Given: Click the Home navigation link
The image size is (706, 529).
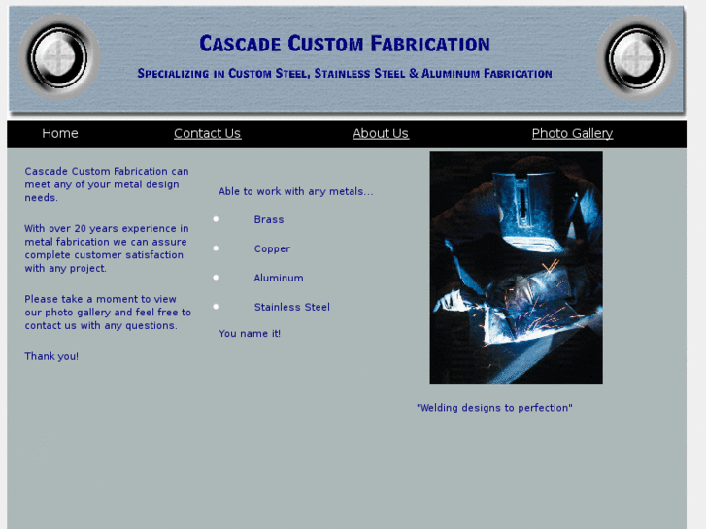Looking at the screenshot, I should pyautogui.click(x=60, y=134).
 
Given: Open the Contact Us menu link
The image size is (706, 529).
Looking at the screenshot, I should pyautogui.click(x=207, y=134).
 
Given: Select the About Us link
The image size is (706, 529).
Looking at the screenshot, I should pyautogui.click(x=381, y=134).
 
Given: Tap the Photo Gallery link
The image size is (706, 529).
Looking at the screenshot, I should pyautogui.click(x=572, y=134).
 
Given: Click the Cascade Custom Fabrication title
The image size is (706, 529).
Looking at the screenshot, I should pyautogui.click(x=345, y=44).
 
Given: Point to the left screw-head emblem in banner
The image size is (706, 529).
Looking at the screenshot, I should pyautogui.click(x=59, y=57).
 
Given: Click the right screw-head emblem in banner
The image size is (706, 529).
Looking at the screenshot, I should pyautogui.click(x=636, y=57).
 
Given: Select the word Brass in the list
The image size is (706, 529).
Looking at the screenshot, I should pyautogui.click(x=269, y=220).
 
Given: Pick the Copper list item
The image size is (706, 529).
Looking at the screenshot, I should pyautogui.click(x=272, y=249).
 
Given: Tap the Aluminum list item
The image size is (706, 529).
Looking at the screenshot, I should pyautogui.click(x=279, y=279).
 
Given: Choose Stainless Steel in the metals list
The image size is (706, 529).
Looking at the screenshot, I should pyautogui.click(x=292, y=308).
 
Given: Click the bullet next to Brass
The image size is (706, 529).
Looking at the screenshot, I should pyautogui.click(x=216, y=220).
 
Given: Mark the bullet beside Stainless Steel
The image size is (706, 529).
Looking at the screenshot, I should pyautogui.click(x=216, y=307).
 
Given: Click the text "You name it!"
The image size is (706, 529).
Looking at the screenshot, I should pyautogui.click(x=250, y=334).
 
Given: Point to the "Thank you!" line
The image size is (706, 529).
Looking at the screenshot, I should pyautogui.click(x=51, y=357).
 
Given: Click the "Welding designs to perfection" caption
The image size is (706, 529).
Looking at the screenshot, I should pyautogui.click(x=494, y=409).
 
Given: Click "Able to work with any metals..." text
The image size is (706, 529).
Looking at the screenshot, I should pyautogui.click(x=296, y=192).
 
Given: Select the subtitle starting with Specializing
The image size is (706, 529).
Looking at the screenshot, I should pyautogui.click(x=345, y=74).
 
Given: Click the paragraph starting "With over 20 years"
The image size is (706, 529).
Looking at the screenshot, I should pyautogui.click(x=106, y=248).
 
